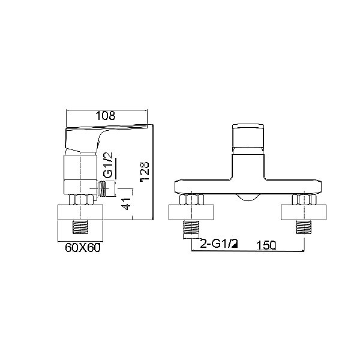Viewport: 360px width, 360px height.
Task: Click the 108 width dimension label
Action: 105,116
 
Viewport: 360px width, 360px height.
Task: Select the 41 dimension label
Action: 127,203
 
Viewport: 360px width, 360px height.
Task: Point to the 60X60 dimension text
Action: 83,248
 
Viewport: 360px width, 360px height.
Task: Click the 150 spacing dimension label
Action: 266,245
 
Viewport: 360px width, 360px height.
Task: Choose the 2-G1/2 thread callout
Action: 219,244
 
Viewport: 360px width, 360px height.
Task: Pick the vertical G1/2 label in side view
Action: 108,166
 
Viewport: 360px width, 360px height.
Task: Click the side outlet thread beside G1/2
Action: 102,189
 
